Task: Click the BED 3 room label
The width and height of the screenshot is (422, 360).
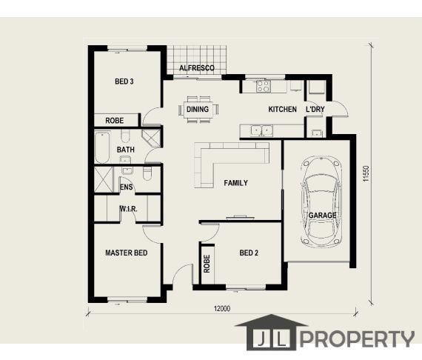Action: (124, 81)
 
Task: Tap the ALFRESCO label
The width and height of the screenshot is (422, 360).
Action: (196, 69)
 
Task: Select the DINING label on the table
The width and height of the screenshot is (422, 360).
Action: (198, 110)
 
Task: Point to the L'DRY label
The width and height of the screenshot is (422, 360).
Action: (315, 110)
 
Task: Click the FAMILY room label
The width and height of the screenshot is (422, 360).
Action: (235, 183)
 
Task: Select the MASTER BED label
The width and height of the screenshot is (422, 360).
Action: (126, 253)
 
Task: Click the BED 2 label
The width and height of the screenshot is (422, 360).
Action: (248, 253)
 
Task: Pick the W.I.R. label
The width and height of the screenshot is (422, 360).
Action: (128, 210)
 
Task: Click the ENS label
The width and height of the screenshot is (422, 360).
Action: (127, 187)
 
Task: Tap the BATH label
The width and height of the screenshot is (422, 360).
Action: (126, 150)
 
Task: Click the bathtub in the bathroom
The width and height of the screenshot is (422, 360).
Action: (102, 147)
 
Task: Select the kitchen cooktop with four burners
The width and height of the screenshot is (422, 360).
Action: (264, 86)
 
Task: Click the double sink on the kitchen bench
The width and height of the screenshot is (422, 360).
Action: (260, 131)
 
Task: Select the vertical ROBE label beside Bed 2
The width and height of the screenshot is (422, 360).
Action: (207, 264)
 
